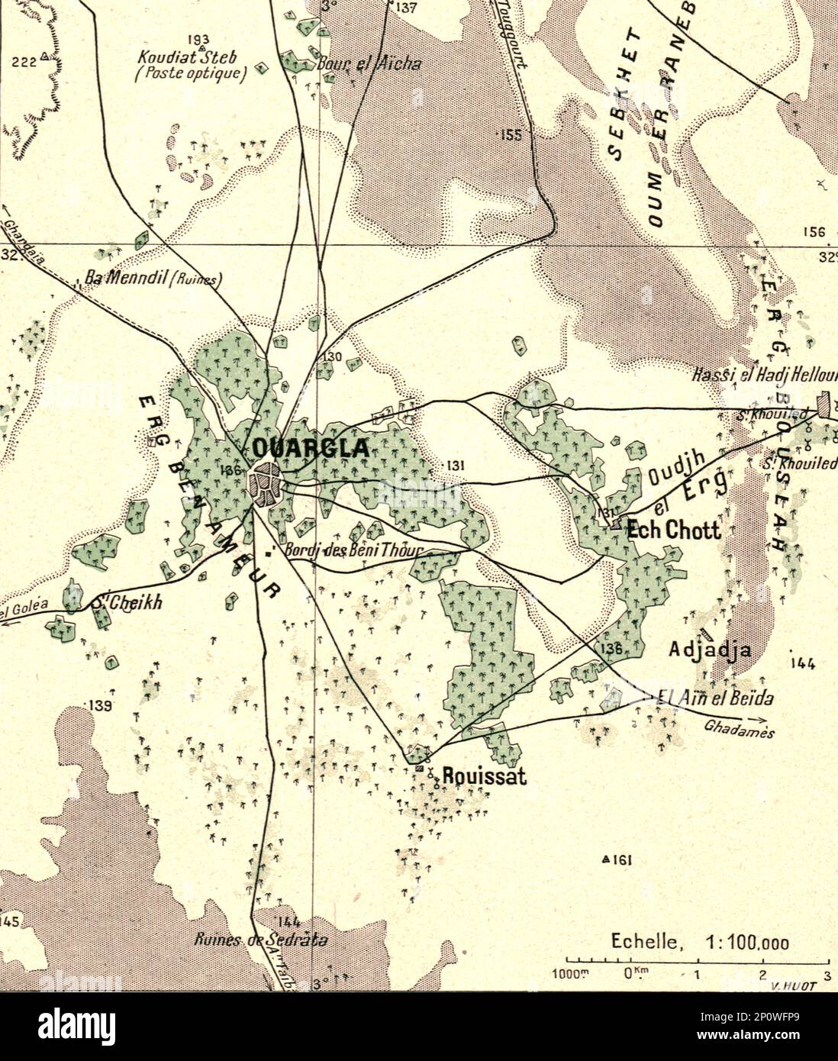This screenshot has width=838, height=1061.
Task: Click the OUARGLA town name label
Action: (311, 448)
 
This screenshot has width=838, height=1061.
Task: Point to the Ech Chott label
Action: (673, 530)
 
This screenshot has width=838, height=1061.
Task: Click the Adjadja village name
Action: (710, 650)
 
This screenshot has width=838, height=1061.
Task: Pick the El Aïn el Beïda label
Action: (716, 698)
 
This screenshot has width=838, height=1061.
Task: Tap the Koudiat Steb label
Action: (188, 57)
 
